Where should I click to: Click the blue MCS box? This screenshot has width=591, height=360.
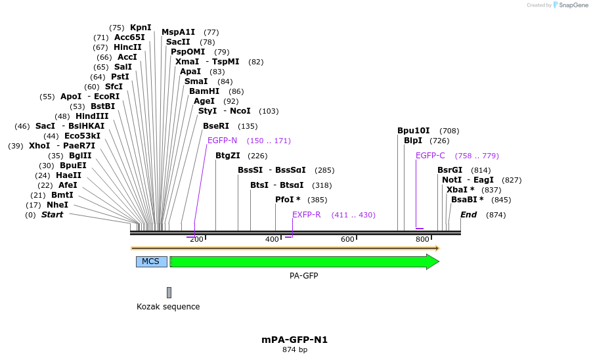(x=151, y=261)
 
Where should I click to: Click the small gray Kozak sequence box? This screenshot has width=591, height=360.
(x=169, y=292)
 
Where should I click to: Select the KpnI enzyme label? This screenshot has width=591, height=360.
(x=141, y=28)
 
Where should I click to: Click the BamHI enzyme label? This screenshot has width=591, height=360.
(x=203, y=91)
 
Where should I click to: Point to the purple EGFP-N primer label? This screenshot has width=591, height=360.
(x=222, y=141)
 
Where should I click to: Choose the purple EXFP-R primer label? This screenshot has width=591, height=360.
(x=307, y=215)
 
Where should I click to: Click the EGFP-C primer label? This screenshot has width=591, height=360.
(x=430, y=156)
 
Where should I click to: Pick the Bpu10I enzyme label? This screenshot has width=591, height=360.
(x=414, y=131)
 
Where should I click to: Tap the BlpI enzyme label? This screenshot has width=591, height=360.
(x=413, y=141)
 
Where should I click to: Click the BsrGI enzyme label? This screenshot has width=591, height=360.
(x=450, y=170)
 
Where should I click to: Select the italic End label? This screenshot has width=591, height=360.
(x=469, y=215)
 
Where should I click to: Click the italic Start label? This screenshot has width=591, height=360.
(x=53, y=215)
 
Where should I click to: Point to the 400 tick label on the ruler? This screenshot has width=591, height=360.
(x=272, y=240)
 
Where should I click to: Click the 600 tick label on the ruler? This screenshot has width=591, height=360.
(x=347, y=240)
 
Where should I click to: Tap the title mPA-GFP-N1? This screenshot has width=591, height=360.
(x=294, y=340)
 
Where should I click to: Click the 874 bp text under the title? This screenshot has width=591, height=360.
(x=294, y=350)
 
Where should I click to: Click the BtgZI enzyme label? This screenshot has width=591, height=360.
(x=228, y=156)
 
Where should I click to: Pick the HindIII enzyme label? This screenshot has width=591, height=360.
(x=92, y=116)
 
